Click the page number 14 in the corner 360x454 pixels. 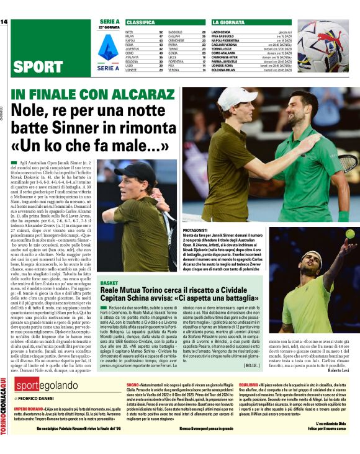(4, 22)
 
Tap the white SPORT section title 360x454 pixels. (37, 66)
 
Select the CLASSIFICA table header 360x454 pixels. (141, 22)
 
